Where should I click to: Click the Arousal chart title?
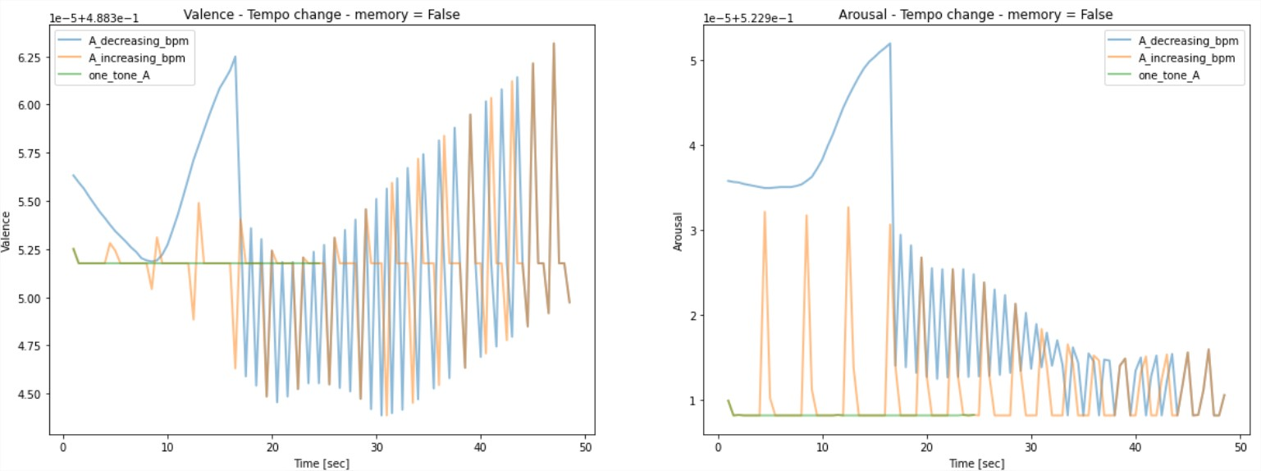pos(975,15)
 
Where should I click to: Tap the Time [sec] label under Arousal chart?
pos(975,464)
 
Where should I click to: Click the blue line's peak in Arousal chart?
pos(889,44)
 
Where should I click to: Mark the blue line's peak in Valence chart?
pos(235,57)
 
